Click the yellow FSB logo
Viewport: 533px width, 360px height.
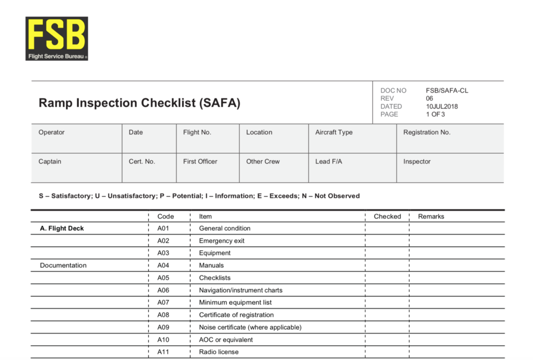click(x=56, y=38)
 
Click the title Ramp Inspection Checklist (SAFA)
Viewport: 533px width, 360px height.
click(x=139, y=103)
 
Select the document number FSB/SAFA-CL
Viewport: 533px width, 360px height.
click(x=447, y=91)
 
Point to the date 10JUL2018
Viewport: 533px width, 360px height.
click(x=442, y=106)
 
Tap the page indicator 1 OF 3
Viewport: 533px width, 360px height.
click(x=436, y=114)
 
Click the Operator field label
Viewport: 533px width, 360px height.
click(x=52, y=132)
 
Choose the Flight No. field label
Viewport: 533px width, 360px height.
click(x=197, y=132)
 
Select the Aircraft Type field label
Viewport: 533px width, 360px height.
click(x=334, y=132)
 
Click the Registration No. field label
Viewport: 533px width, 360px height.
click(x=426, y=132)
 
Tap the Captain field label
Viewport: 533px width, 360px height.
click(x=50, y=161)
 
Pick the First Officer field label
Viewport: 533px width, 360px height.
click(x=200, y=161)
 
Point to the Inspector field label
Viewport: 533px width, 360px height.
click(x=417, y=161)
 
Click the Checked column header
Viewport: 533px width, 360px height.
click(x=387, y=216)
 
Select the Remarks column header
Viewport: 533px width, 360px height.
click(x=431, y=216)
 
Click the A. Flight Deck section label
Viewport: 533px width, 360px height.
click(x=62, y=228)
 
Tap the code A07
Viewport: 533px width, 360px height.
click(x=163, y=302)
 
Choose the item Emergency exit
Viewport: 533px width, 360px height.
click(x=222, y=241)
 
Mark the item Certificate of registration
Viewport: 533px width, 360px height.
click(x=236, y=315)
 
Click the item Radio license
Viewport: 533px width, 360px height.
click(x=219, y=352)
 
